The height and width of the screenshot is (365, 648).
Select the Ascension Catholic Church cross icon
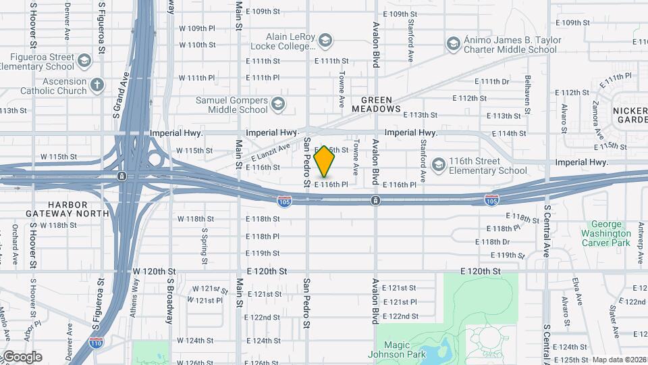(x=97, y=85)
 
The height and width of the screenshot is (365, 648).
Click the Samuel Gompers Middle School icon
(x=278, y=104)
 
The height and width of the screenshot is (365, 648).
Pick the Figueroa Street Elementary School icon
(x=84, y=62)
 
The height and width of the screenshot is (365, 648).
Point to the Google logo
(x=22, y=356)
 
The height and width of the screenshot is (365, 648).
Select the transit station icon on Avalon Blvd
(x=375, y=199)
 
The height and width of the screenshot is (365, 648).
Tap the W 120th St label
(x=154, y=271)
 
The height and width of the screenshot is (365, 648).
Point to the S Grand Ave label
(x=120, y=95)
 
